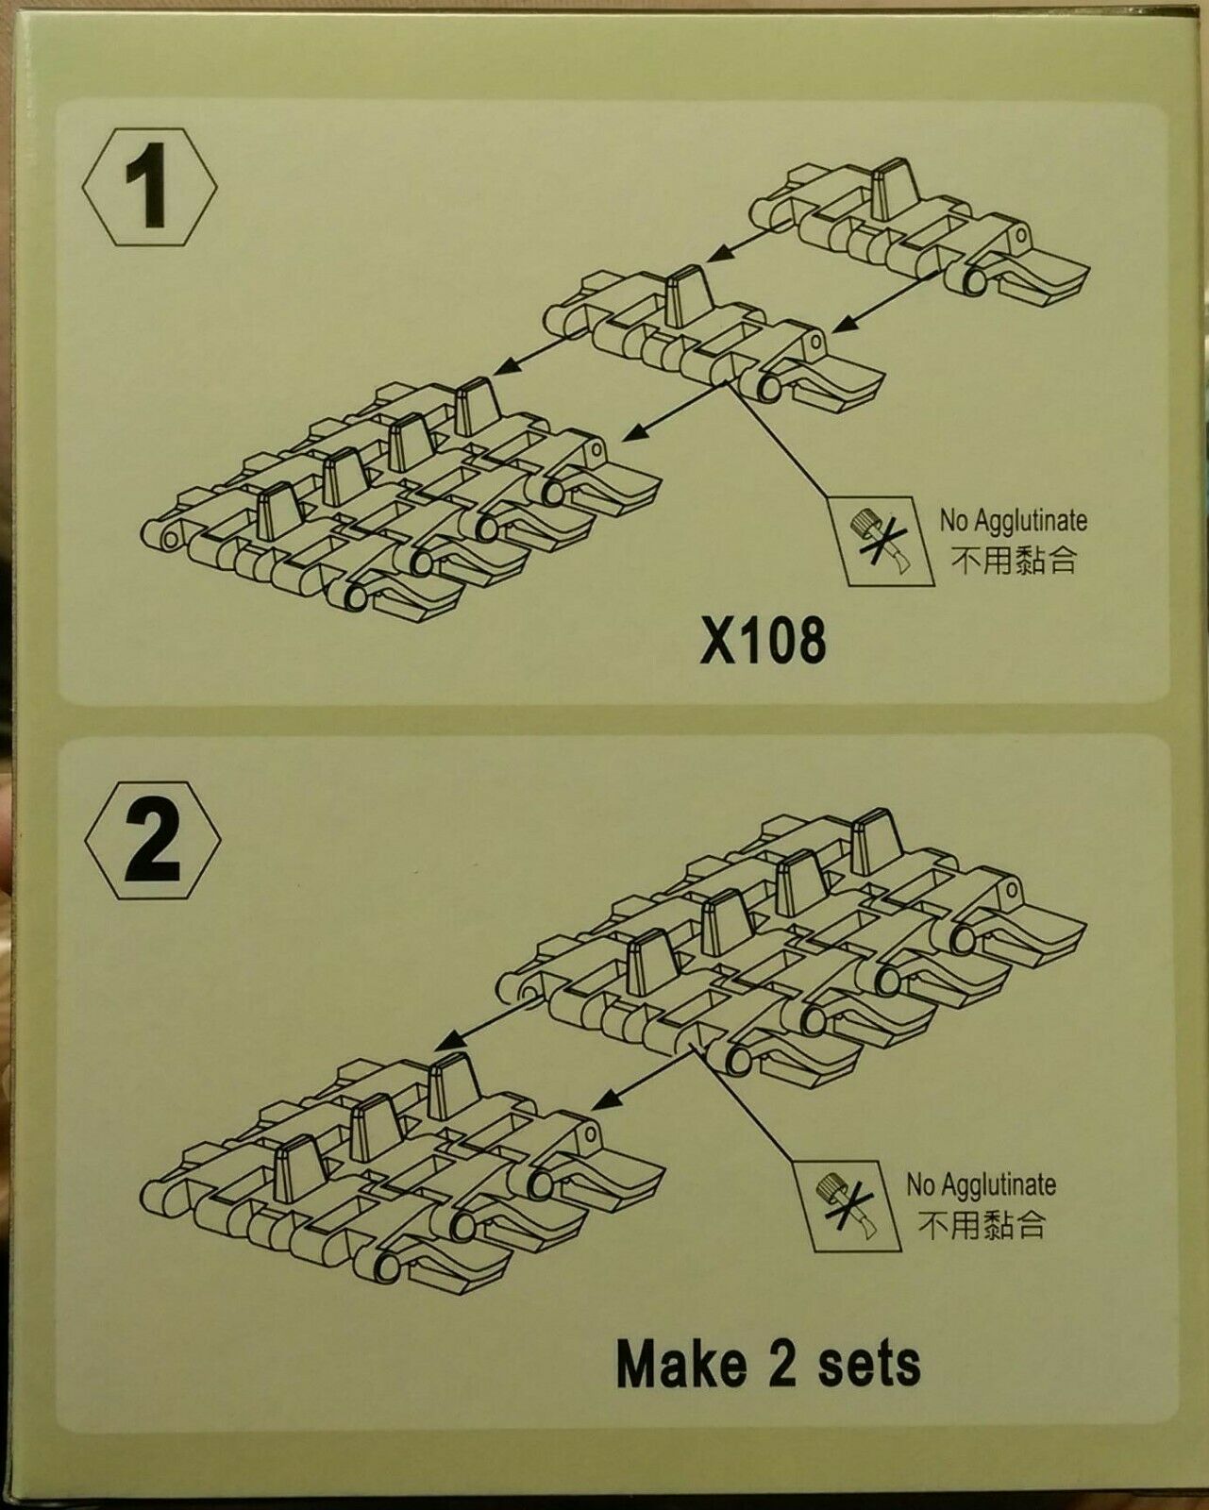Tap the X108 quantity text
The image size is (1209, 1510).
click(x=763, y=642)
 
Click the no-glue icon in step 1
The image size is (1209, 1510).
click(x=881, y=540)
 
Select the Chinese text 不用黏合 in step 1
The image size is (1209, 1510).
click(x=1014, y=561)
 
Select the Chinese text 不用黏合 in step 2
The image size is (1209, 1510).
click(x=981, y=1225)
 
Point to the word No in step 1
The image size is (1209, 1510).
click(x=953, y=521)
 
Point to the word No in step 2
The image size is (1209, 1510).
click(x=920, y=1186)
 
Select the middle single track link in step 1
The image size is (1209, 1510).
click(x=715, y=341)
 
